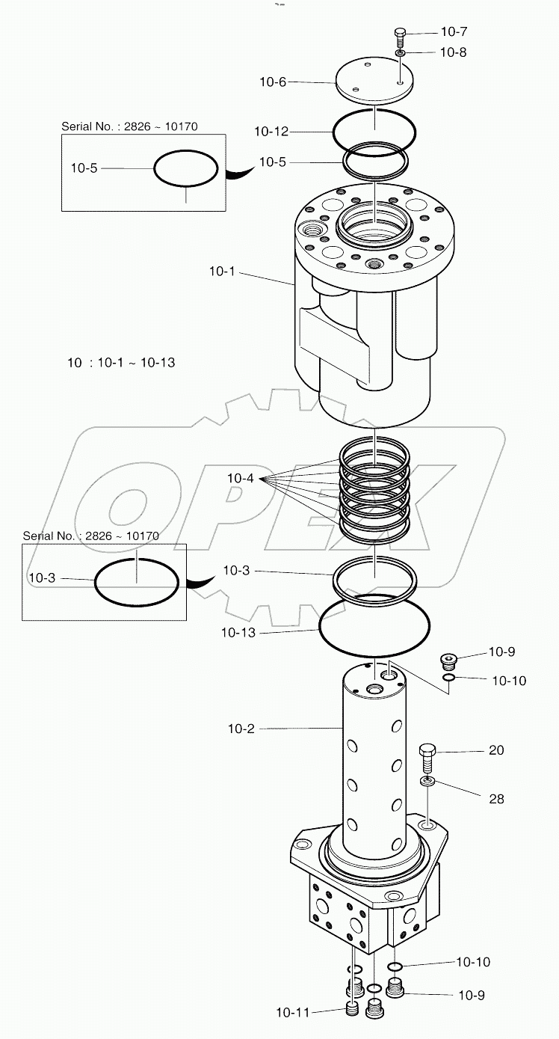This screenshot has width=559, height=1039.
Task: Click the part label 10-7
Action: coord(454,31)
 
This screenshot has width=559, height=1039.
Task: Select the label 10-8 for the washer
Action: coord(454,52)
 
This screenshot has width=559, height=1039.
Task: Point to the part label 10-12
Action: coord(271,132)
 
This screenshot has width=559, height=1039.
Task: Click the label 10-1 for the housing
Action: coord(222,271)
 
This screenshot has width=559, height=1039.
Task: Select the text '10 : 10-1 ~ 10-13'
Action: coord(121,363)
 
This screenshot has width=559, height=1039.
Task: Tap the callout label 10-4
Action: coord(240,477)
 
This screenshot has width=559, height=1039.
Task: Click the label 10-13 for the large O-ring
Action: coord(238,632)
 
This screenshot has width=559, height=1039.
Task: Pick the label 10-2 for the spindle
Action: coord(241,728)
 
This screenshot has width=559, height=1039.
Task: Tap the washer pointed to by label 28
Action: coord(427,781)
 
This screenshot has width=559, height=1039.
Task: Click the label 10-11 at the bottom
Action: coord(292,1013)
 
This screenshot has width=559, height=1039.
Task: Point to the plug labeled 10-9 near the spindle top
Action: coord(448,661)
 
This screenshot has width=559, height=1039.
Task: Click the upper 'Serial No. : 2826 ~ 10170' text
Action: coord(129,126)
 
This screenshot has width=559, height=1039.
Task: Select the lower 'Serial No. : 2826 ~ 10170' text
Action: coord(90,536)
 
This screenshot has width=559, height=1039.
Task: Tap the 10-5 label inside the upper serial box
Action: coord(84,168)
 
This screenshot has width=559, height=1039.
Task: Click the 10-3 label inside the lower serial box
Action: coord(42,578)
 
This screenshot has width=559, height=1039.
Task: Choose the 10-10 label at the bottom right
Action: coord(473,962)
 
